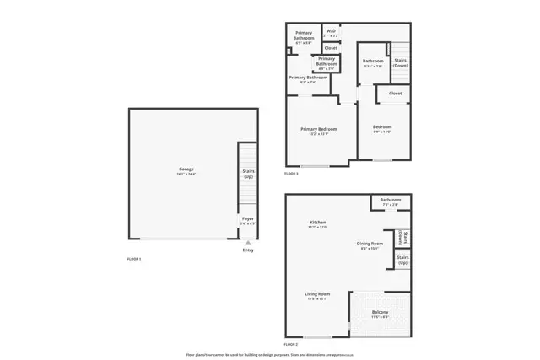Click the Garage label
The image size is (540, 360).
tap(186, 169)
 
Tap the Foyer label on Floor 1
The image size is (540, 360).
tap(247, 219)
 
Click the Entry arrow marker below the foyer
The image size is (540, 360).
tap(247, 241)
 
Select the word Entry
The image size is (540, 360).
tap(247, 250)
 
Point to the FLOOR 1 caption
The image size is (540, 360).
tap(133, 259)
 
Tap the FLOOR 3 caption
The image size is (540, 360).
tap(291, 173)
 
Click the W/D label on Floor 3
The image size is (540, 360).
tap(332, 32)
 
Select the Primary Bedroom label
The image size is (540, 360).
tap(319, 129)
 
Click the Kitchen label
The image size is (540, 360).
tap(317, 223)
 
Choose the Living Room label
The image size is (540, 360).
tap(317, 294)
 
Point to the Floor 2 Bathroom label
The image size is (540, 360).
tap(390, 200)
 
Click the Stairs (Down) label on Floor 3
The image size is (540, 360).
tap(401, 62)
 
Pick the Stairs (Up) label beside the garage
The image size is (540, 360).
tap(249, 174)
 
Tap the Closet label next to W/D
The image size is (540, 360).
tap(331, 48)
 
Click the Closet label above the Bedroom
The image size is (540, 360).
tap(395, 94)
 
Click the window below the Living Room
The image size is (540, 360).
tap(317, 336)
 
